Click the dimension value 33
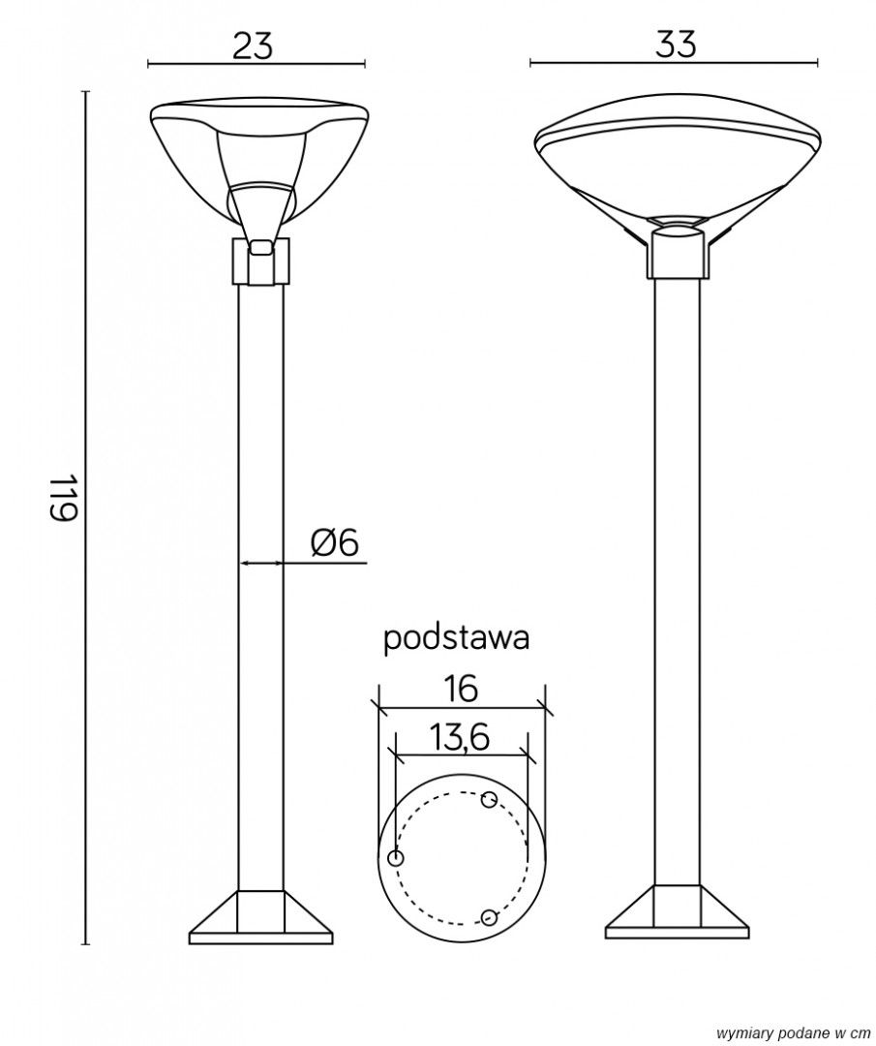(675, 44)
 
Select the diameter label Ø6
(335, 543)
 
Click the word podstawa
(456, 638)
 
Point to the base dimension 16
(462, 689)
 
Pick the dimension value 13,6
(460, 739)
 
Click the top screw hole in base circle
(489, 800)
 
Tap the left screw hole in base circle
(395, 858)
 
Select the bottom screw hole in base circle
(488, 917)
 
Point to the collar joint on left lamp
(260, 262)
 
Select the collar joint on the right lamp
(677, 252)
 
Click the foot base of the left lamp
(260, 920)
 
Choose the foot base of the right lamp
(677, 915)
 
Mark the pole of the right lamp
(677, 581)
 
